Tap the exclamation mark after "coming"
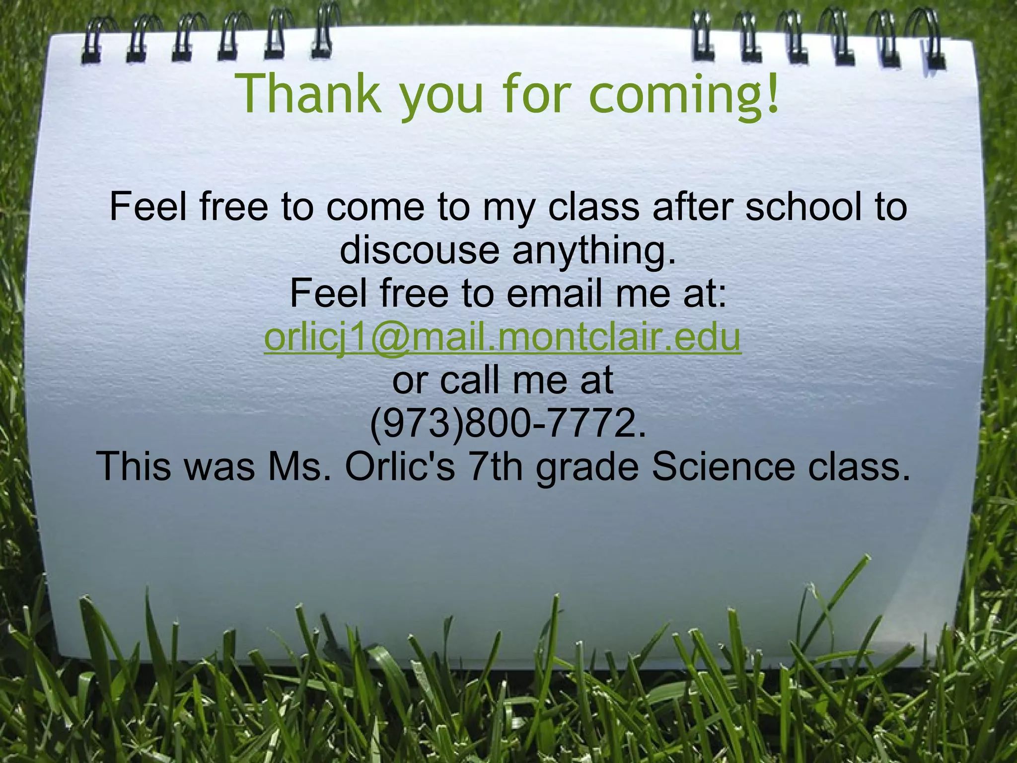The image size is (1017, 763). click(771, 93)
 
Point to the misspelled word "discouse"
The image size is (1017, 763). click(420, 250)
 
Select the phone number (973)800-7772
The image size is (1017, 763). click(508, 424)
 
